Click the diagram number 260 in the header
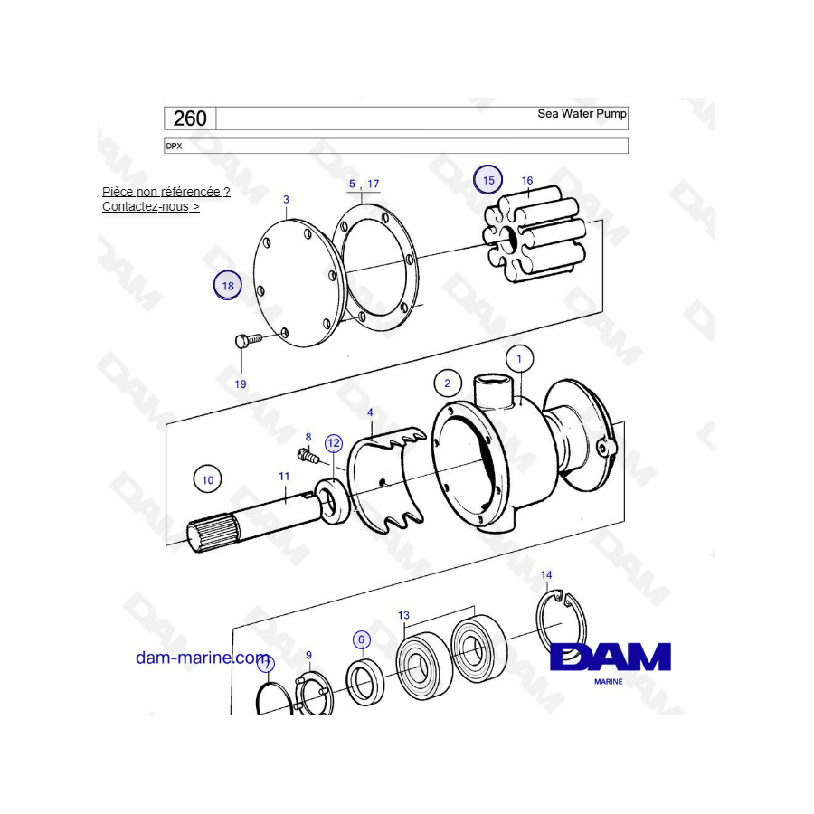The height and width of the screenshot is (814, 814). pos(190,118)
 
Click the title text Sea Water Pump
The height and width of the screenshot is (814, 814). pos(582,114)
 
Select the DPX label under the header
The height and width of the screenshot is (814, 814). pos(174,146)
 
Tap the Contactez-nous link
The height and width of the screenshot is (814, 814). pos(150,206)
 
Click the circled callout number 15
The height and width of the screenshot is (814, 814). pos(488,180)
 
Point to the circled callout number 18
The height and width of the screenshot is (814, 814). pos(228,286)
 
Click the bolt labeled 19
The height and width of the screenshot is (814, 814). pos(246,340)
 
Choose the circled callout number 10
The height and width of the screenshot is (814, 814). pos(208,480)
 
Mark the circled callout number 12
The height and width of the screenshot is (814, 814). pos(334,442)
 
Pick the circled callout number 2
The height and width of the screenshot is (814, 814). pos(447,383)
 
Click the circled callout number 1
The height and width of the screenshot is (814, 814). pos(519,359)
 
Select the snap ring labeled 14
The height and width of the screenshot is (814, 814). pos(562,624)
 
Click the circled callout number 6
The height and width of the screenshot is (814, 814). pos(362,640)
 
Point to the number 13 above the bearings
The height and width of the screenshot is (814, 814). pos(403,616)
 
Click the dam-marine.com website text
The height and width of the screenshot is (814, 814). pos(203,658)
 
